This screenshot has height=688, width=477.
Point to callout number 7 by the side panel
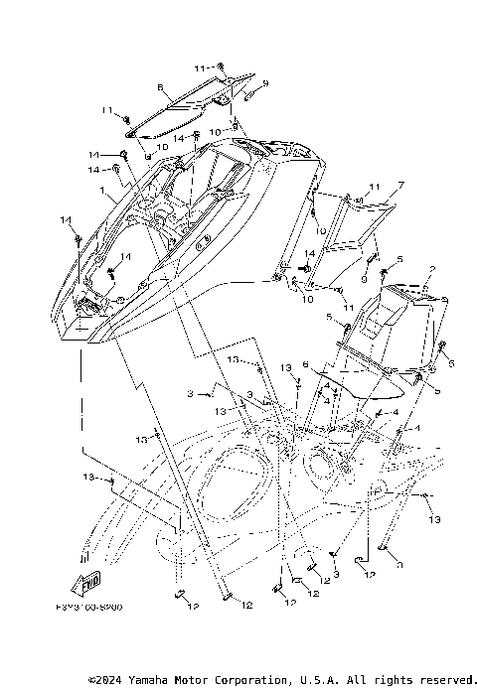(x=373, y=186)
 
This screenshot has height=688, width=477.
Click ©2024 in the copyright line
(x=111, y=680)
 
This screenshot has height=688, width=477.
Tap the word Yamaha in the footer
(x=161, y=680)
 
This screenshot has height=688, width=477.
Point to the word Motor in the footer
(x=210, y=680)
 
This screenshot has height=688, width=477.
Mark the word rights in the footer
(x=398, y=680)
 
